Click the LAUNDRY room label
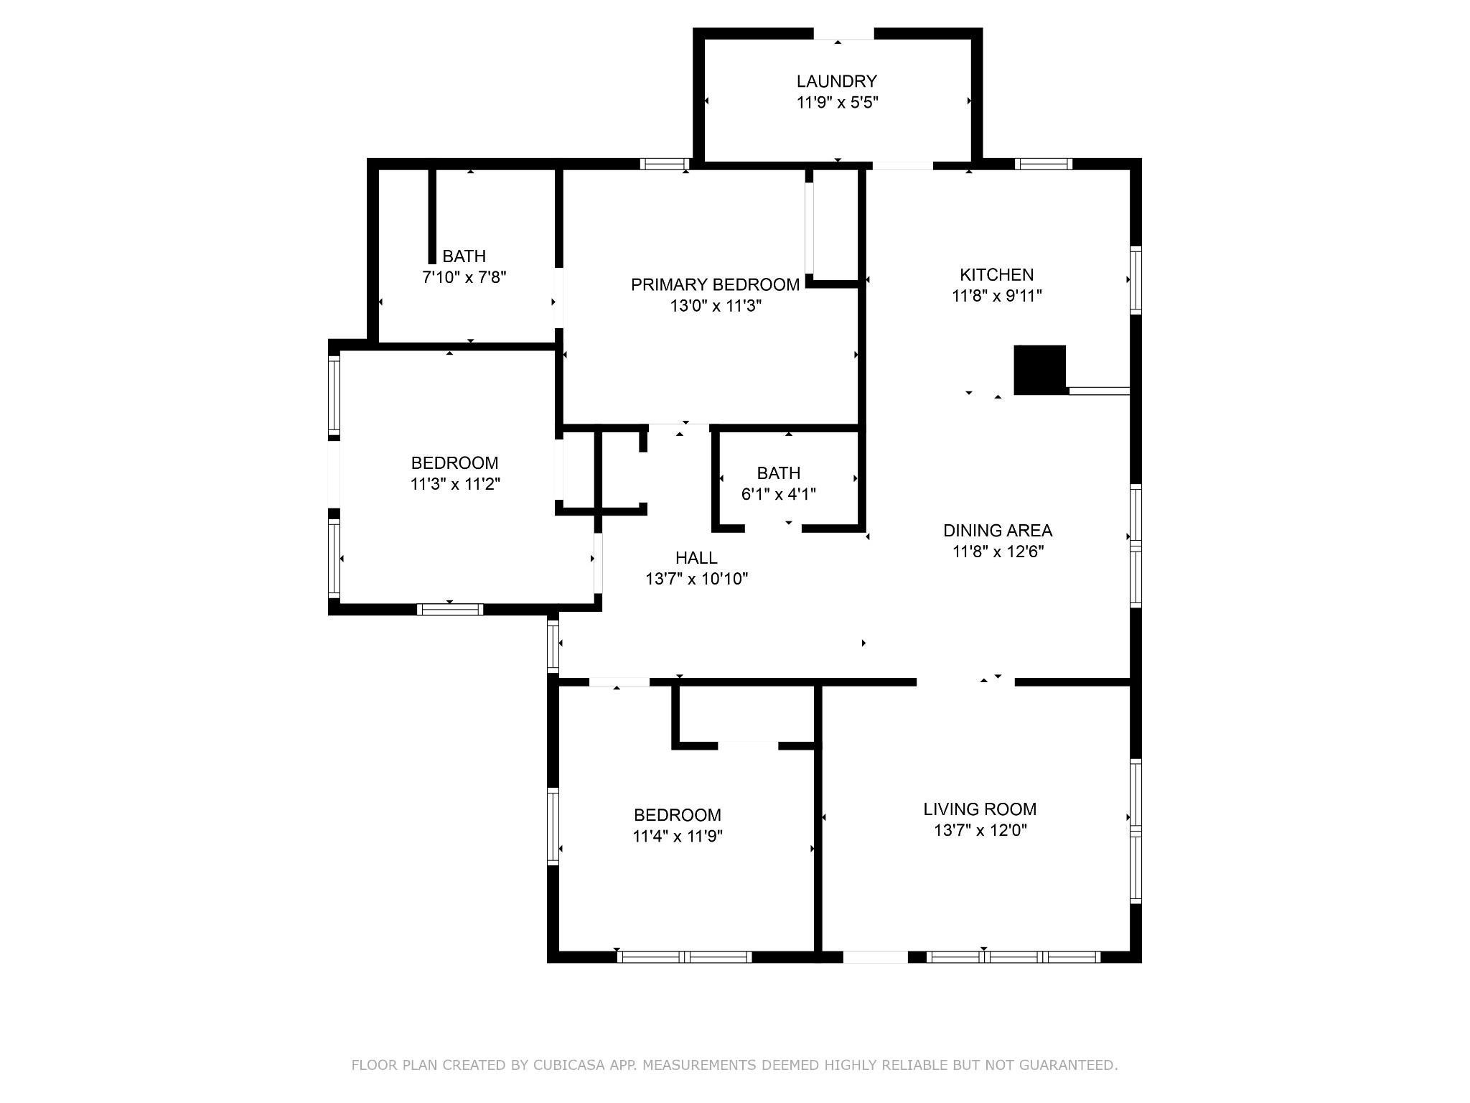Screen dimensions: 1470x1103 837,81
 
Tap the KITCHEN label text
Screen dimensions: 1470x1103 997,274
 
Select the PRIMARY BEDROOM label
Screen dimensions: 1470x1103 715,284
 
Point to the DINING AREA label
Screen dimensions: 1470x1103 998,531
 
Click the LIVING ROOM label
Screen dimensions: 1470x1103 980,809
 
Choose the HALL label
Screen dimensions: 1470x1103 696,557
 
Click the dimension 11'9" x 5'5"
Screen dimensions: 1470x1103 838,102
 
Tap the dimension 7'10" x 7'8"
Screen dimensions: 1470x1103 464,277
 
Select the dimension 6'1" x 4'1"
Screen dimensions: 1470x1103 779,494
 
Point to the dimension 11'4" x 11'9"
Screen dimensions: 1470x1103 678,836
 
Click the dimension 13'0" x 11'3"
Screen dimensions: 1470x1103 716,306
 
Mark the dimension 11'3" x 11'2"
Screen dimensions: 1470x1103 455,484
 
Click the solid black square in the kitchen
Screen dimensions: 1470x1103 1040,370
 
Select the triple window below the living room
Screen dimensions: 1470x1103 1013,957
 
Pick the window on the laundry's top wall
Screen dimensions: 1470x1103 843,34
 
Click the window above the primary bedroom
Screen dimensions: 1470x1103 665,164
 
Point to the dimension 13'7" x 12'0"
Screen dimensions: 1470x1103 980,831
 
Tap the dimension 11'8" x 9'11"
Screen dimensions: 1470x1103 997,296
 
